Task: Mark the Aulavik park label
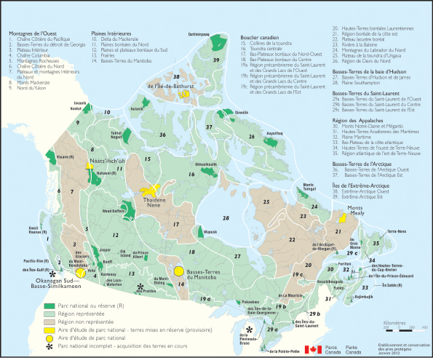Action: pyautogui.click(x=138, y=107)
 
